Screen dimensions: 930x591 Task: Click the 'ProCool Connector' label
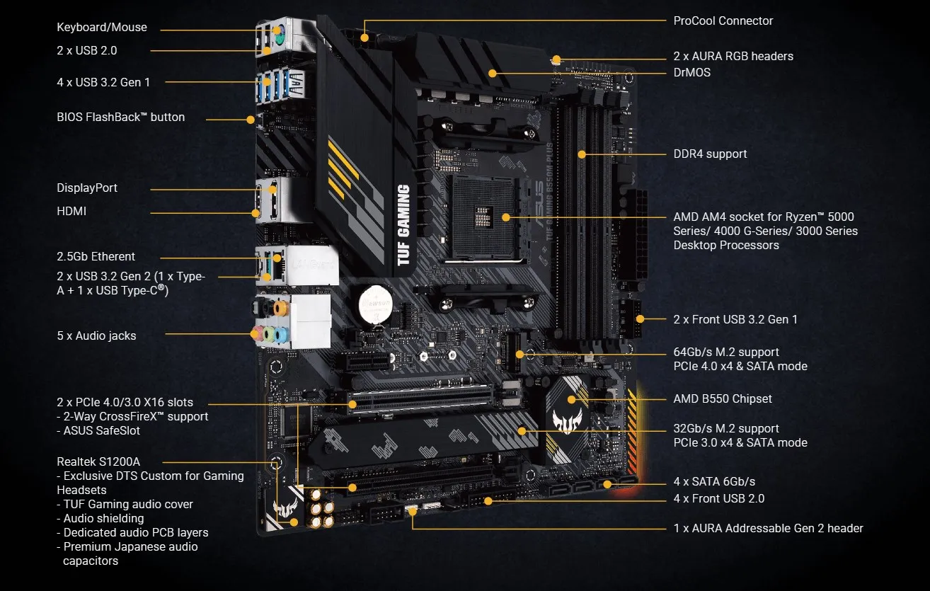coord(723,21)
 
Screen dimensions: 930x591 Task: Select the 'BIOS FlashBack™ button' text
coord(120,117)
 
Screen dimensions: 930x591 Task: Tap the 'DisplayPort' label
coord(87,188)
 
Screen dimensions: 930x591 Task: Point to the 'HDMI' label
coord(71,211)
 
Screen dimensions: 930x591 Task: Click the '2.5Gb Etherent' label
coord(96,256)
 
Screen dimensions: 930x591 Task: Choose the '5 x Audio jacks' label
coord(96,335)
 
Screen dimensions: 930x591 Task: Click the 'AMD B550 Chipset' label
coord(723,398)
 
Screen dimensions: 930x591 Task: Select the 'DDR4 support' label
coord(710,154)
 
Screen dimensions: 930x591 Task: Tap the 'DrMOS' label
coord(692,72)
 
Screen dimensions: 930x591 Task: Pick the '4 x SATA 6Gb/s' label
coord(714,482)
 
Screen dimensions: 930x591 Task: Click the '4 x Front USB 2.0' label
coord(719,498)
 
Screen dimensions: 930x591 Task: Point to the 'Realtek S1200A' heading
coord(98,461)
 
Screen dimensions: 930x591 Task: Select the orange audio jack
coord(280,308)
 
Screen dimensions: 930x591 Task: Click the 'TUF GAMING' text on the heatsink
coord(403,224)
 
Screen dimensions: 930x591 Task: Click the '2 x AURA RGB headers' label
coord(733,56)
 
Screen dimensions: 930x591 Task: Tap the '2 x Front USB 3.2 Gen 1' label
coord(735,319)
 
